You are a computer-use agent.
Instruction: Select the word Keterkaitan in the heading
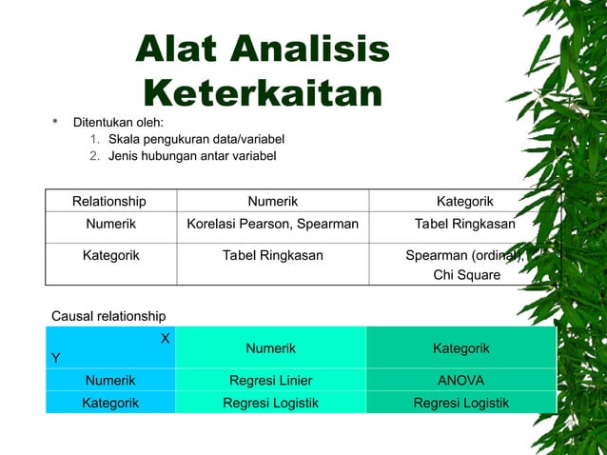tap(263, 93)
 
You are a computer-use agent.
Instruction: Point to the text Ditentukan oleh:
tap(119, 122)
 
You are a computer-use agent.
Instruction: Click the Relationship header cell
tap(109, 201)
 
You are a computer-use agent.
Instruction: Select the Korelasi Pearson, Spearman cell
tap(273, 225)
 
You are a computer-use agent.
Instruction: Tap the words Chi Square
tap(466, 275)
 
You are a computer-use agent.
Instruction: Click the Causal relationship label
tap(108, 316)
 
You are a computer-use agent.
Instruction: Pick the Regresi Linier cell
tap(271, 381)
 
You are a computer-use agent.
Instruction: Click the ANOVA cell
tap(461, 381)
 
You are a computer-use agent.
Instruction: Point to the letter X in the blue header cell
tap(166, 338)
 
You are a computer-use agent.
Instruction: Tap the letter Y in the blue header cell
tap(56, 358)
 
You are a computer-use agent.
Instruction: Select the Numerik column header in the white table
tap(273, 201)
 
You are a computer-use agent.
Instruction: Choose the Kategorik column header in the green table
tap(461, 348)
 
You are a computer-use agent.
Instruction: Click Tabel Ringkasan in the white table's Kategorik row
tap(273, 255)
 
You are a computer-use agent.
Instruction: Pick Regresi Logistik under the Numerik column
tap(271, 403)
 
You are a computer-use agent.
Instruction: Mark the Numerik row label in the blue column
tap(110, 381)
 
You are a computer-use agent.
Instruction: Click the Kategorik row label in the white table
tap(110, 255)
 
